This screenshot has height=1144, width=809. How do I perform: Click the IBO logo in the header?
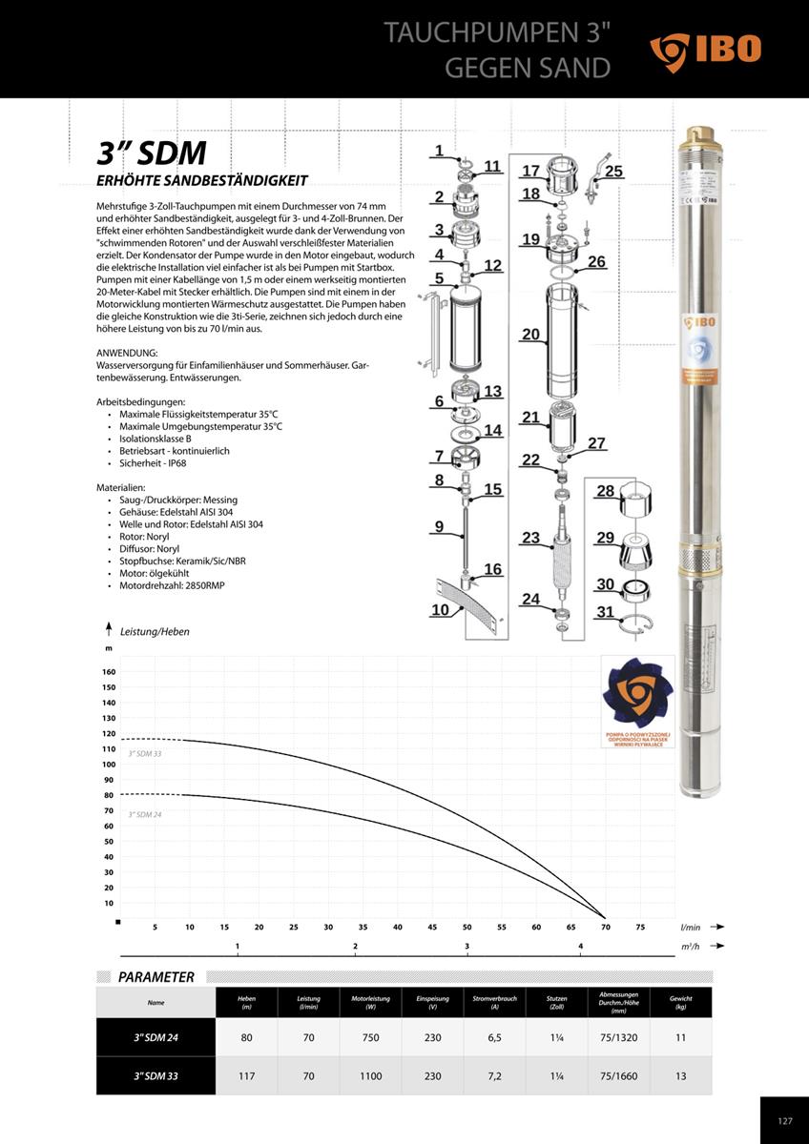(x=706, y=51)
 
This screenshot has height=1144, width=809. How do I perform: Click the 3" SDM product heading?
(x=152, y=153)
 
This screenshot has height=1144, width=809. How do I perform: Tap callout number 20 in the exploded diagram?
(x=531, y=334)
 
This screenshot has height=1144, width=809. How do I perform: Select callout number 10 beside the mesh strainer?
(x=440, y=610)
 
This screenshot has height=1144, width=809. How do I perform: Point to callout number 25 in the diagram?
(x=613, y=172)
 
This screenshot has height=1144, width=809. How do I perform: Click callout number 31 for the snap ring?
(x=606, y=612)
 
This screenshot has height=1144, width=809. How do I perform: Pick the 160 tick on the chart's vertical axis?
(x=109, y=672)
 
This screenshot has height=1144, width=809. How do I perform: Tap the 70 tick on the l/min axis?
(x=605, y=927)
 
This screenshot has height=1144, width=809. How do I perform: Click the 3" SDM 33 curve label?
(x=145, y=754)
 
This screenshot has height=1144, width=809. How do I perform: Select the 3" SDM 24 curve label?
(x=145, y=815)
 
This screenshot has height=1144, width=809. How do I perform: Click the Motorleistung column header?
(x=371, y=1002)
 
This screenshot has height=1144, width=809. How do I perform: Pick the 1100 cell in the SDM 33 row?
(x=371, y=1076)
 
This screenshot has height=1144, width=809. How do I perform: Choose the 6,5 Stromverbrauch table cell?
(x=494, y=1037)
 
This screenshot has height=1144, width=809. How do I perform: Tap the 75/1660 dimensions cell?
(x=619, y=1076)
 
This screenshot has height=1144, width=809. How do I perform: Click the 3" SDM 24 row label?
(x=156, y=1037)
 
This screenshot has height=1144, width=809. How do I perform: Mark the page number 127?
(x=785, y=1121)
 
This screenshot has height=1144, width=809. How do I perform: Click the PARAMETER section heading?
(x=156, y=977)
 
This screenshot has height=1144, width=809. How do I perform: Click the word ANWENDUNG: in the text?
(x=127, y=353)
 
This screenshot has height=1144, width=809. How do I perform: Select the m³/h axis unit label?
(x=691, y=946)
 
